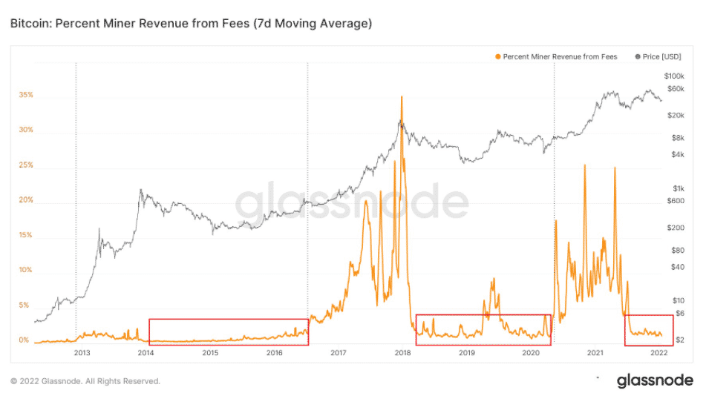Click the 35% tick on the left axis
(26, 96)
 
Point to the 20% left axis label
(26, 200)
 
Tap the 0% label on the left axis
(24, 340)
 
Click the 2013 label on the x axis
(82, 354)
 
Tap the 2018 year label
(402, 354)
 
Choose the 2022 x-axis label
(658, 354)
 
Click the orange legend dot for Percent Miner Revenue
(497, 56)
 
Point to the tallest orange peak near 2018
(402, 97)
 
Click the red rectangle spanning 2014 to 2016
(229, 331)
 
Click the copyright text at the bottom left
(85, 381)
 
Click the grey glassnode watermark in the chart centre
(353, 202)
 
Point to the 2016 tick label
(274, 354)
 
